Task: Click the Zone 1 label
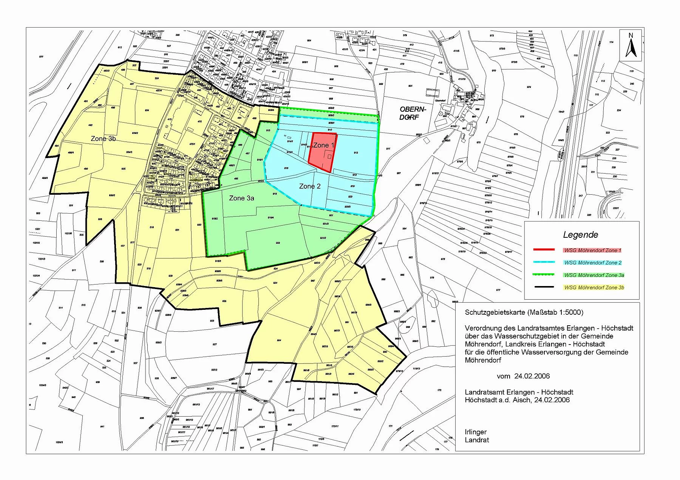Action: pos(324,145)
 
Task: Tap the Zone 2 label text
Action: pos(310,186)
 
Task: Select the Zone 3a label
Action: pos(241,198)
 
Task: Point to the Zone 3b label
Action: pos(103,139)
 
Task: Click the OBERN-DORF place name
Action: pos(413,113)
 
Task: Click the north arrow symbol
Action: pos(631,45)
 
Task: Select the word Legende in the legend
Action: pos(580,235)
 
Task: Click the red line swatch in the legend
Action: pos(544,250)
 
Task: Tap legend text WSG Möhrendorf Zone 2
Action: pos(593,263)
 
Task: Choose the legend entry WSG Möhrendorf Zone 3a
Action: pos(594,275)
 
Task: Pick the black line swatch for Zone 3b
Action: pos(544,287)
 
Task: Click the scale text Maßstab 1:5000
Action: pos(555,312)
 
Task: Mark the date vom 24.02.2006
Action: pos(523,376)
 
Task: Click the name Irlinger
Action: pos(476,432)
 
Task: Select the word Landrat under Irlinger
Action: pos(477,440)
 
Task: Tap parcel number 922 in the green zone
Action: pos(278,243)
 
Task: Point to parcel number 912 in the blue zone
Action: pos(356,153)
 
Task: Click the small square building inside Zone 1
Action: pos(329,156)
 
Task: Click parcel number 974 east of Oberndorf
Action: pos(529,87)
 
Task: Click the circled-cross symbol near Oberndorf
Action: pos(440,114)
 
